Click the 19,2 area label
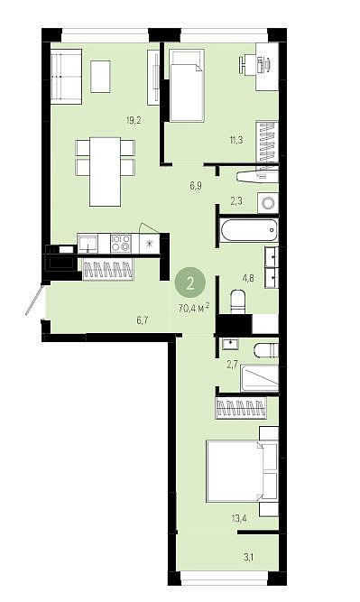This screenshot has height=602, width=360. click(134, 121)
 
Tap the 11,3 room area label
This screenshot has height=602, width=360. click(236, 140)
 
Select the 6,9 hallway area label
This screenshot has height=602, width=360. click(196, 186)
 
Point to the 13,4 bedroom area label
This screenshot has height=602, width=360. click(239, 519)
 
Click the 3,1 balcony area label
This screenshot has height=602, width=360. click(248, 557)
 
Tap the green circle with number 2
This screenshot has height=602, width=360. click(190, 283)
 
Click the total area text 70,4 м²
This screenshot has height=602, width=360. click(194, 308)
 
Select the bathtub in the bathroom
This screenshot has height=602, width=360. click(249, 230)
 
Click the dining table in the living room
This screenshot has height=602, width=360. click(106, 171)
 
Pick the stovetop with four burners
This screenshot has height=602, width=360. click(121, 244)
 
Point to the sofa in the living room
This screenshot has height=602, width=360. click(66, 76)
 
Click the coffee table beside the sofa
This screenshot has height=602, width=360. click(100, 77)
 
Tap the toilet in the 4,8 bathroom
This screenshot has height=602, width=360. click(237, 301)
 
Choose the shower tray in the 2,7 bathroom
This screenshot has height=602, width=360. click(260, 378)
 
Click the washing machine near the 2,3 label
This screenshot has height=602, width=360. click(268, 202)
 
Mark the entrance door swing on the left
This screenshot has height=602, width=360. click(33, 299)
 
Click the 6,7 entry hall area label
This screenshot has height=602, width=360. click(142, 320)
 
